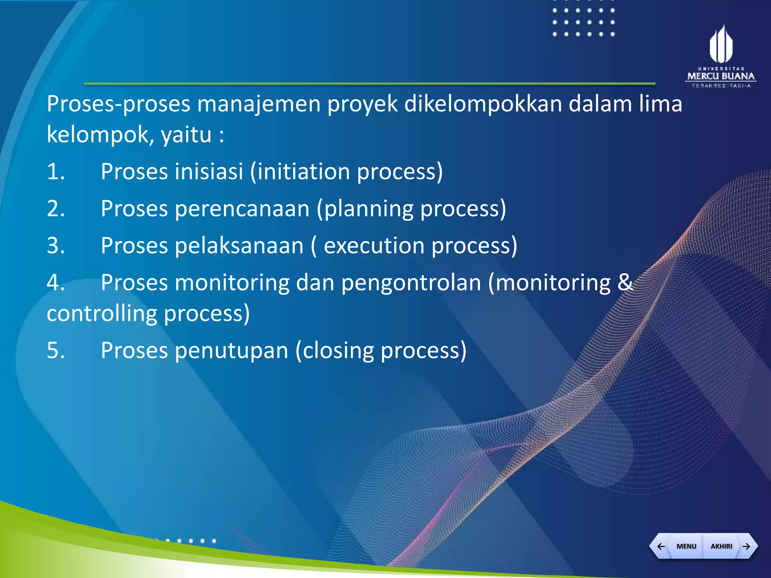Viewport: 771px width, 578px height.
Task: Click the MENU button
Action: (x=686, y=546)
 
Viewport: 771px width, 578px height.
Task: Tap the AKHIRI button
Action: (x=721, y=546)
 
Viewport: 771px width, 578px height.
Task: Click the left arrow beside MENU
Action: (x=661, y=546)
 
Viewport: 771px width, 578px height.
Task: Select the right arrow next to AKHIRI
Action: (x=747, y=546)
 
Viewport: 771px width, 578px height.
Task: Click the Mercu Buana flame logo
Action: (x=721, y=44)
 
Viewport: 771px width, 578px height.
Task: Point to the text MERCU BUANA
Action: (x=721, y=76)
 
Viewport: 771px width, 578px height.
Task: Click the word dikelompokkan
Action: (x=483, y=104)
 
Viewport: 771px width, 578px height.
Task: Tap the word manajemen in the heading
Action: (x=259, y=104)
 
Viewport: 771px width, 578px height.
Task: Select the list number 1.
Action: (x=56, y=172)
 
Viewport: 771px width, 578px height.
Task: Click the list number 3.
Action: (x=56, y=246)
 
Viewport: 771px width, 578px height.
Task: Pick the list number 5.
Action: (x=56, y=351)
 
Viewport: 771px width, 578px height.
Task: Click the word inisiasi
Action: (x=209, y=172)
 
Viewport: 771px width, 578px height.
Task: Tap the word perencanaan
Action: (x=242, y=209)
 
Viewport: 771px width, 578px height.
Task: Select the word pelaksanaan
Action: (x=239, y=246)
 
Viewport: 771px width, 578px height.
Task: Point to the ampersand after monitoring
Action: (x=625, y=282)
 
